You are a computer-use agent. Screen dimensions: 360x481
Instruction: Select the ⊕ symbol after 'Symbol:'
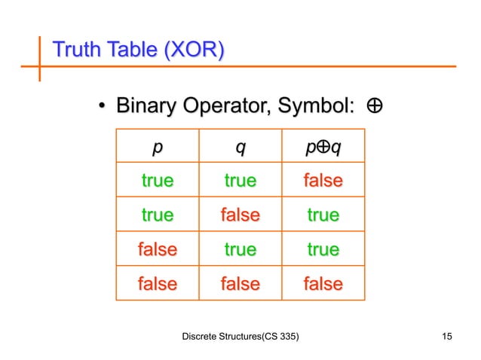(x=373, y=108)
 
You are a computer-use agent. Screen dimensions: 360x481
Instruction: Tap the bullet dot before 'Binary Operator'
(x=100, y=109)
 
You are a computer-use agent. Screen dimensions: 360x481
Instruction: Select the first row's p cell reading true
(x=157, y=182)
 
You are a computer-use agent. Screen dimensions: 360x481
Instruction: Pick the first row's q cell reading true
(x=240, y=182)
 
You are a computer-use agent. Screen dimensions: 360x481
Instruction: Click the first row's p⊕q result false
(x=323, y=182)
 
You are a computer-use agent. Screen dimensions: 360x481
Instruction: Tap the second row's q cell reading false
(x=240, y=215)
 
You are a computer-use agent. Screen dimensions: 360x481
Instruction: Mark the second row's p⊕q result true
(x=323, y=215)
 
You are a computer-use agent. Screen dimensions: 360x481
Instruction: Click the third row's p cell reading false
(x=157, y=249)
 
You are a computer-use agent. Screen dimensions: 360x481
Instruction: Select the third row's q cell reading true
(x=240, y=249)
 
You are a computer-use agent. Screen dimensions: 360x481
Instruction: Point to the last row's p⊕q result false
(x=323, y=284)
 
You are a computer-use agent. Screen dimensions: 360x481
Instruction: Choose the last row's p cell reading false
(x=157, y=284)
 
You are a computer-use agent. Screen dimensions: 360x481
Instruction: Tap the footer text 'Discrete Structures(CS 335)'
(x=241, y=335)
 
